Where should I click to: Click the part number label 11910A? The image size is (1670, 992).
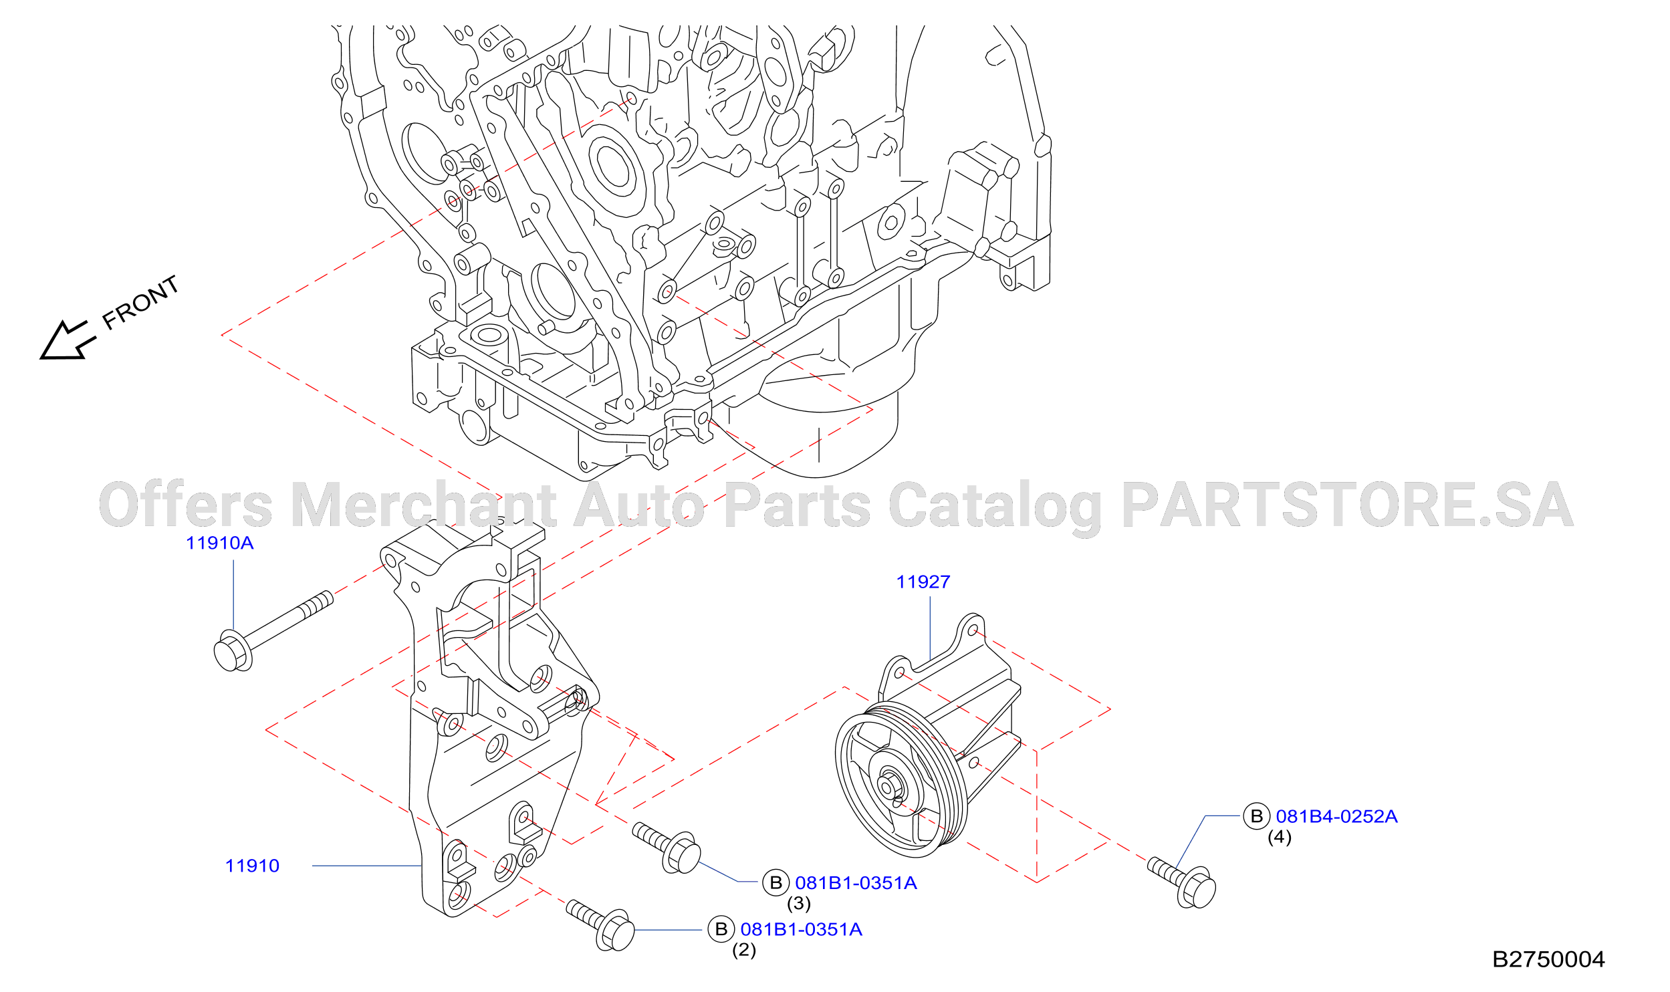click(220, 543)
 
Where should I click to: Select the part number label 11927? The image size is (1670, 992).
click(923, 582)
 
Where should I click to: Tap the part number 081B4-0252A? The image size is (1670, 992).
click(1337, 816)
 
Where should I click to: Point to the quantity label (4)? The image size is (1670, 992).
click(1280, 837)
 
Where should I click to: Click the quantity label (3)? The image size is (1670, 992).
click(799, 903)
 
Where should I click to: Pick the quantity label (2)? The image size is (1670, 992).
click(744, 950)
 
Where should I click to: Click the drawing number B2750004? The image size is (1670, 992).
click(1548, 959)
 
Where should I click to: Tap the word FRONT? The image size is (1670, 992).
click(140, 303)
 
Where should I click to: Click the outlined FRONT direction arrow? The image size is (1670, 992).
click(67, 341)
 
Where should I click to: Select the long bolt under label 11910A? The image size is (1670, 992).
click(273, 630)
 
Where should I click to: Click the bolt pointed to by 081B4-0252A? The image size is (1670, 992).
click(1182, 882)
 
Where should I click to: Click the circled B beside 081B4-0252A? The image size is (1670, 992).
click(1257, 816)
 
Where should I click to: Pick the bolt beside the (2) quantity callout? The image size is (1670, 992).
click(600, 924)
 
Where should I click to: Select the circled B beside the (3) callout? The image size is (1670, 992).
click(776, 883)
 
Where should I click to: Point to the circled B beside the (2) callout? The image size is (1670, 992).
click(721, 929)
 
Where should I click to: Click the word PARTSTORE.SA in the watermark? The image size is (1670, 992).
click(1348, 504)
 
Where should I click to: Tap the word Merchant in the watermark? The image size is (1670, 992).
click(424, 504)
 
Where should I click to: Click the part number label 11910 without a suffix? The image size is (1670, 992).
click(252, 866)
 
